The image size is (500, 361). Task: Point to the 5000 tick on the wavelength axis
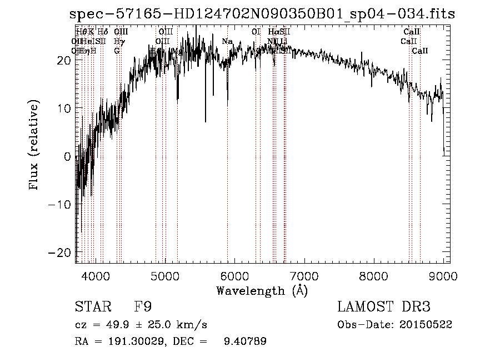pyautogui.click(x=165, y=276)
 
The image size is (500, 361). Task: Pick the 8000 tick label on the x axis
pyautogui.click(x=373, y=276)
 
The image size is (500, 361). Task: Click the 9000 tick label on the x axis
pyautogui.click(x=443, y=276)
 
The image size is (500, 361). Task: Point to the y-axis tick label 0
pyautogui.click(x=67, y=156)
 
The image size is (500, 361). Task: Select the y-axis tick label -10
pyautogui.click(x=61, y=204)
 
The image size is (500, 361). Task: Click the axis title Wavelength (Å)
pyautogui.click(x=262, y=290)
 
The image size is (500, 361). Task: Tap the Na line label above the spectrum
pyautogui.click(x=227, y=41)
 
